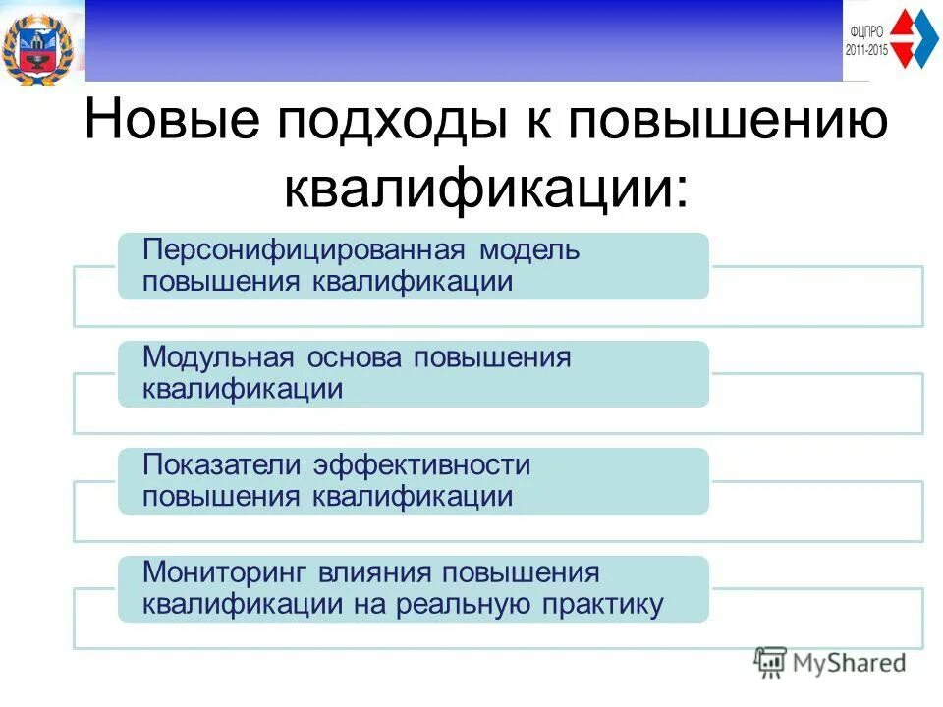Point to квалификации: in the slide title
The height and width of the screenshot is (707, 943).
tap(487, 186)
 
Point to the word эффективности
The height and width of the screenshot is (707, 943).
tap(422, 463)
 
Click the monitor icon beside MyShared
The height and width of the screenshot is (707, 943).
tap(771, 662)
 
